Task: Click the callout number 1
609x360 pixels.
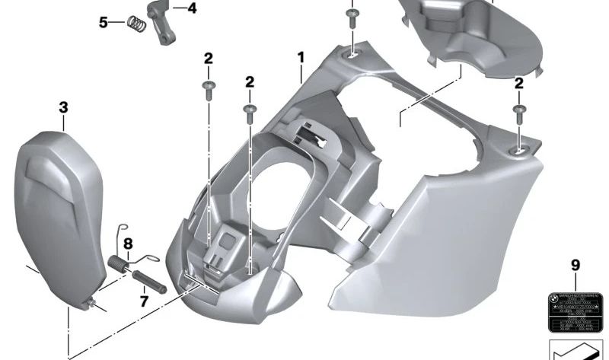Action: pos(301,57)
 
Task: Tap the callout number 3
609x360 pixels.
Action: pos(63,108)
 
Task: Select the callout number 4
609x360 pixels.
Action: pos(191,8)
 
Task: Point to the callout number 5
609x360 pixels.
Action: pos(104,22)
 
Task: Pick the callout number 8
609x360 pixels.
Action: pos(128,244)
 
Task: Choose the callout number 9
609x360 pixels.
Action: pos(575,265)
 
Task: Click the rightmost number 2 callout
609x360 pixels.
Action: pos(518,84)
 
